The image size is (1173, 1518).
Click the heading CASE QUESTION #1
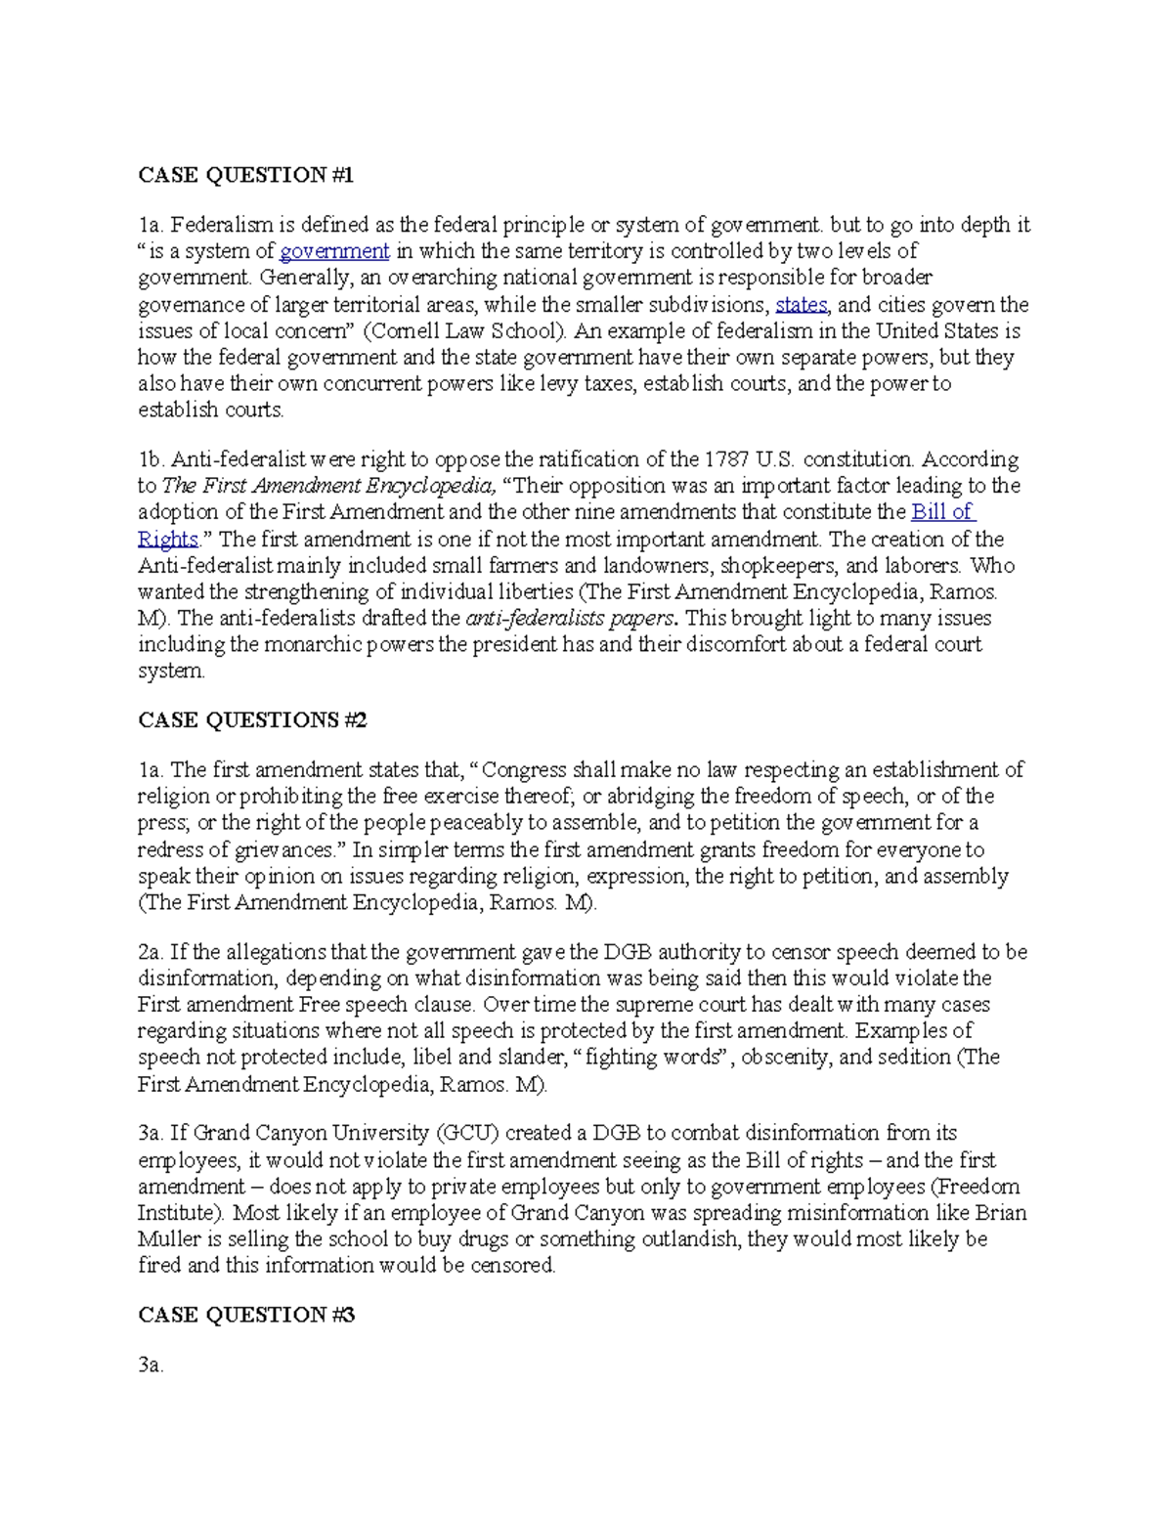click(x=245, y=175)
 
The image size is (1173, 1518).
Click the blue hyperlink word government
click(x=334, y=251)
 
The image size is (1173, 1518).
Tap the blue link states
click(x=801, y=304)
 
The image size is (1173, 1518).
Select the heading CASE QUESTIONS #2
click(x=252, y=720)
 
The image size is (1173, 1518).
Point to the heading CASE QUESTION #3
click(x=246, y=1315)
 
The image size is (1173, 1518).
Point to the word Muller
click(x=165, y=1239)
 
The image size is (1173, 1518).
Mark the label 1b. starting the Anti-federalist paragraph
click(x=152, y=459)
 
